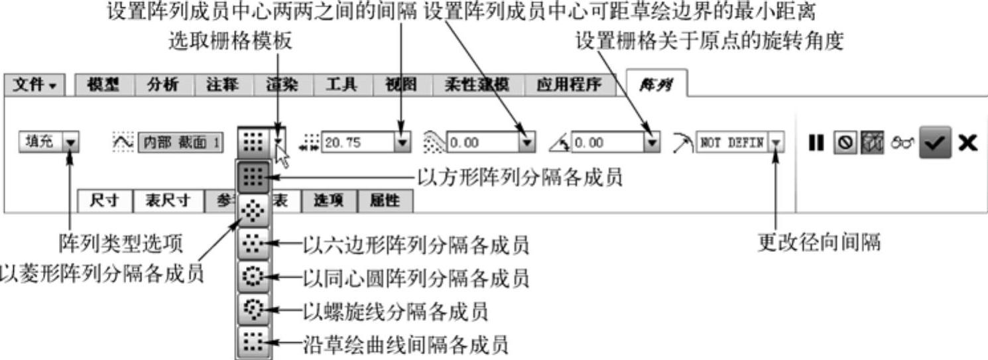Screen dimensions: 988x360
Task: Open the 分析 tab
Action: tap(164, 85)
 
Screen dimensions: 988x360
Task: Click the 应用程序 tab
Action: tap(568, 85)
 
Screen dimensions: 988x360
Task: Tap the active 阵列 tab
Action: tap(656, 85)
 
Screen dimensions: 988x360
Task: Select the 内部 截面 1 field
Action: tap(180, 142)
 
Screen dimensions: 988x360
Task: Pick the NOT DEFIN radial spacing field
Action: tap(732, 142)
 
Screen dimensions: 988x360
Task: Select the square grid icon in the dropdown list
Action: tap(254, 177)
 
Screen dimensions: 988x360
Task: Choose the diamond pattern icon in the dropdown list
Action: tap(254, 211)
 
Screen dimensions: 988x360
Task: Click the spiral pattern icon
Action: tap(254, 310)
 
